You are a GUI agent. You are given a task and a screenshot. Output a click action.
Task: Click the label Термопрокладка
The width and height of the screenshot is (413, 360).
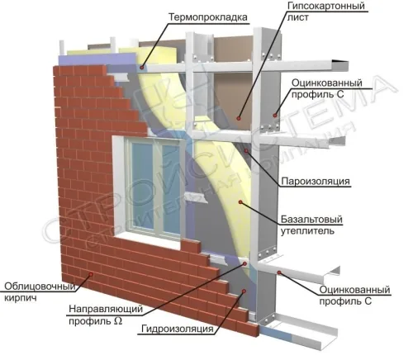[x=208, y=17]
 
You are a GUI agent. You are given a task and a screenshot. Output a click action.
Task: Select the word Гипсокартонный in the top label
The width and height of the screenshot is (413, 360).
[x=326, y=6]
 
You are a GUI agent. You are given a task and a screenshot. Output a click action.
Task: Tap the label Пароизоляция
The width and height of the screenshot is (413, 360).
[x=316, y=182]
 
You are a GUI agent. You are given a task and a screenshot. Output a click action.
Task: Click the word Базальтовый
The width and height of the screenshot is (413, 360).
[x=311, y=220]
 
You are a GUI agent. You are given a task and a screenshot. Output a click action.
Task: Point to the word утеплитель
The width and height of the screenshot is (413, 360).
[x=307, y=230]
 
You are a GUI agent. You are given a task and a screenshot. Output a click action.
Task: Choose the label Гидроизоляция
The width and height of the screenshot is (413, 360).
[x=178, y=329]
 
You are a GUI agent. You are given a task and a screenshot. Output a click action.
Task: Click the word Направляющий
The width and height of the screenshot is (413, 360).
[x=106, y=309]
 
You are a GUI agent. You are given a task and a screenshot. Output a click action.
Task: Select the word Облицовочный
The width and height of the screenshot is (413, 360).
[x=40, y=287]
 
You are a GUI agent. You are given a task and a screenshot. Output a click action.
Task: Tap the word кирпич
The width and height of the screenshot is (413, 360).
[x=21, y=298]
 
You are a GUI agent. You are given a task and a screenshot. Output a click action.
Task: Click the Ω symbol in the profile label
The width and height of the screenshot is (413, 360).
[x=117, y=321]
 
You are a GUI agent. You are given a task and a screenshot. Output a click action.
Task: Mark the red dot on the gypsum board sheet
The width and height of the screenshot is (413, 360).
[x=239, y=118]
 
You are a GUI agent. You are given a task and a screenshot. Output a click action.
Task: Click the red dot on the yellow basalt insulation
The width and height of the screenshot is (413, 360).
[x=240, y=202]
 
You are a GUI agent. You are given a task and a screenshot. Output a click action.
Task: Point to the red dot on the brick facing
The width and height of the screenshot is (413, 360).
[x=91, y=273]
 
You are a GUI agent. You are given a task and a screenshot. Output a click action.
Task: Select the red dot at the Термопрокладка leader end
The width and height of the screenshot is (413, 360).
[x=142, y=67]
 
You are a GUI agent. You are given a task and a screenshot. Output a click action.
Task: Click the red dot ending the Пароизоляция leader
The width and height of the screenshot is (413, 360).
[x=246, y=150]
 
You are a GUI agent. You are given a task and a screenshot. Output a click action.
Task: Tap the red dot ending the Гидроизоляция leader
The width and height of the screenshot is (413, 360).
[x=244, y=291]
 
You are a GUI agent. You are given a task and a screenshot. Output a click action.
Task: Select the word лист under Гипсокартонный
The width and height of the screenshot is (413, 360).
[x=298, y=17]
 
